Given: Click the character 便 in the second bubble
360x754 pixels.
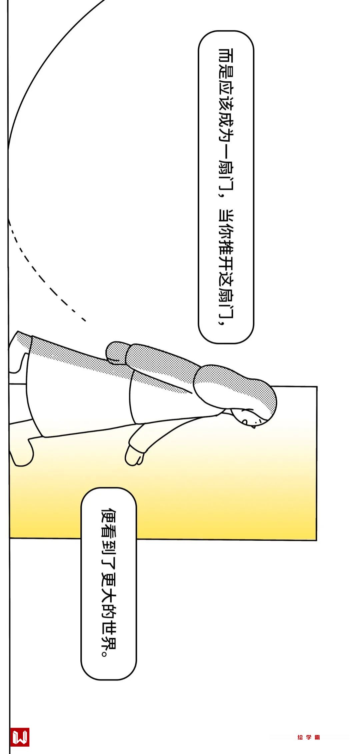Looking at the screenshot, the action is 109,516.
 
